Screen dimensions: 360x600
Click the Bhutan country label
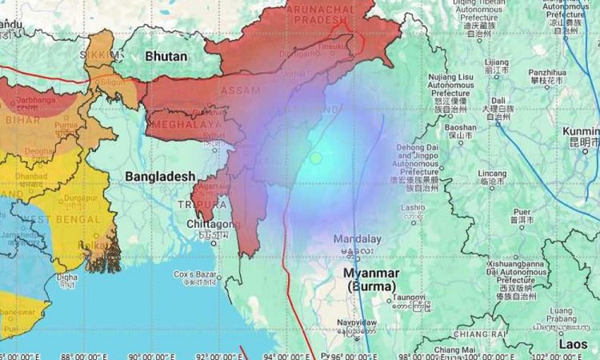tap(166, 57)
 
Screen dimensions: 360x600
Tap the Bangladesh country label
tap(160, 176)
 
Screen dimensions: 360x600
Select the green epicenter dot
tap(316, 158)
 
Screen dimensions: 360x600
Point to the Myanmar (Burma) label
tap(372, 279)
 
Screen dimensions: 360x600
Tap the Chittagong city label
tap(193, 223)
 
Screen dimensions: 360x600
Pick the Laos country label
tap(573, 344)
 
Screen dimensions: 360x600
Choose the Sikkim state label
tap(100, 56)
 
